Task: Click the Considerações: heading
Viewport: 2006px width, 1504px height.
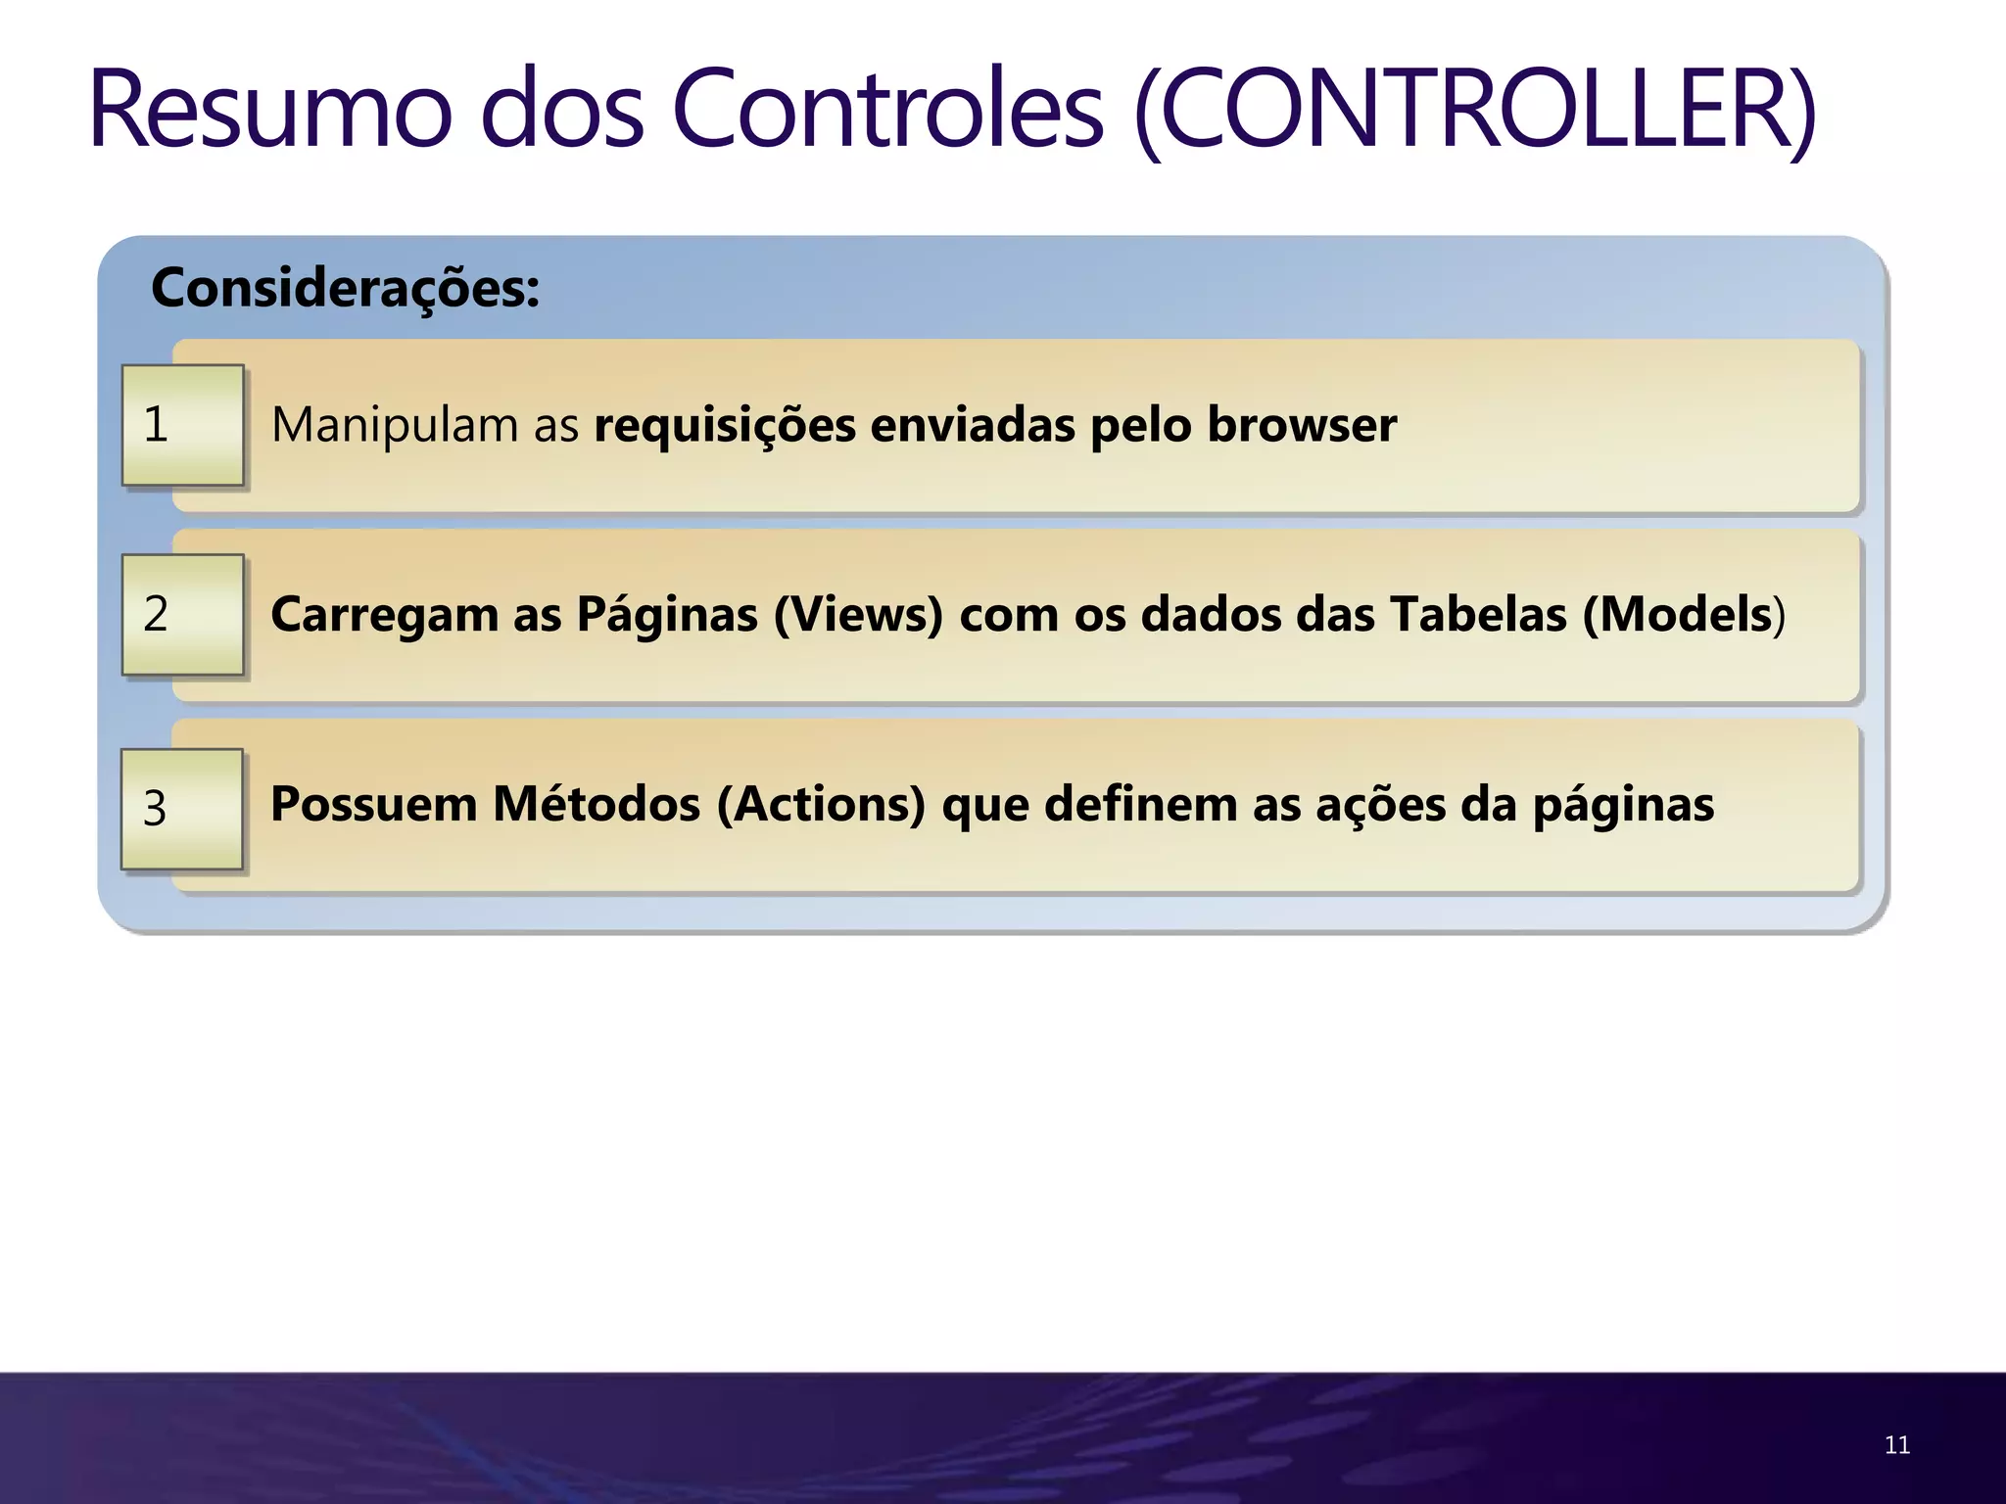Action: coord(345,288)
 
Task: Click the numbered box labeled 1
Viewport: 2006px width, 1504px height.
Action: coord(182,425)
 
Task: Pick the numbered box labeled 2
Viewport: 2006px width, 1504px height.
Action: coord(182,614)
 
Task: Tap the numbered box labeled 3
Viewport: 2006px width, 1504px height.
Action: coord(182,808)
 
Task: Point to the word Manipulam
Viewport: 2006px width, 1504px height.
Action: coord(394,425)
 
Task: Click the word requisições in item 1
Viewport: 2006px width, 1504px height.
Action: coord(725,425)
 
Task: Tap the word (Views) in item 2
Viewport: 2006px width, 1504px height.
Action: coord(858,614)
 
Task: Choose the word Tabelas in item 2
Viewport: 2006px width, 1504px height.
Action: coord(1479,614)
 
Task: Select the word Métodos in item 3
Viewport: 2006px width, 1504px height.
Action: coord(596,804)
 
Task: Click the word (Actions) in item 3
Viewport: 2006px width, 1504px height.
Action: coord(821,804)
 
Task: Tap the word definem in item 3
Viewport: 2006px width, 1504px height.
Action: coord(1141,804)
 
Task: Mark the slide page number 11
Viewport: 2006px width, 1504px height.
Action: coord(1896,1445)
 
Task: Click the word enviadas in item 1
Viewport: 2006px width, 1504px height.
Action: coord(972,425)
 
